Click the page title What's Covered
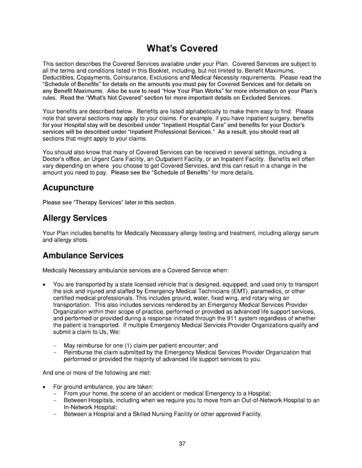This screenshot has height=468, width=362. pyautogui.click(x=180, y=48)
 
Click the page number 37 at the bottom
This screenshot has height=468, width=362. pyautogui.click(x=182, y=443)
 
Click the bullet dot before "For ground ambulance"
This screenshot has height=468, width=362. pyautogui.click(x=45, y=386)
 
